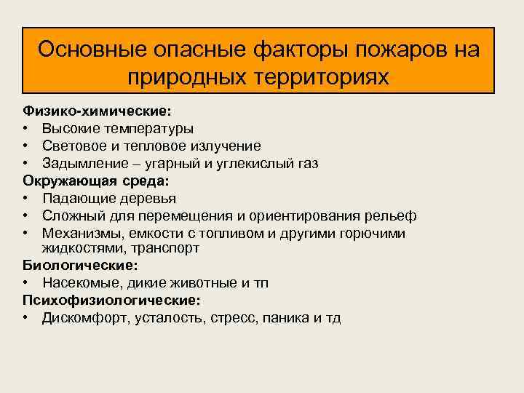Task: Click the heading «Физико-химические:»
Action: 98,111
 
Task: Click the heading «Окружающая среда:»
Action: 94,180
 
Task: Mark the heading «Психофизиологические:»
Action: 111,300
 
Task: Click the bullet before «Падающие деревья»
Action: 26,198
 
